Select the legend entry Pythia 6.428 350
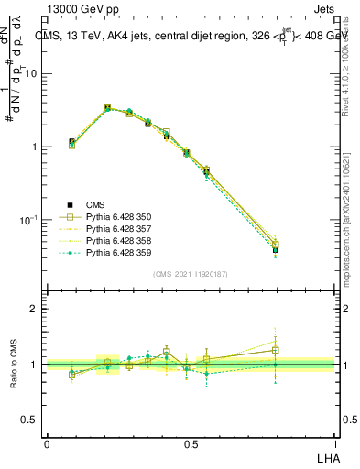pyautogui.click(x=118, y=217)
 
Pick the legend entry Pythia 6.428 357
pyautogui.click(x=118, y=229)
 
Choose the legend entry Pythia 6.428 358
pyautogui.click(x=118, y=241)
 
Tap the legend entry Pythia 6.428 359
pyautogui.click(x=118, y=253)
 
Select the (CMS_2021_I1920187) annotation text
pyautogui.click(x=191, y=274)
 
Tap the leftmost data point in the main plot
pyautogui.click(x=71, y=143)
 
